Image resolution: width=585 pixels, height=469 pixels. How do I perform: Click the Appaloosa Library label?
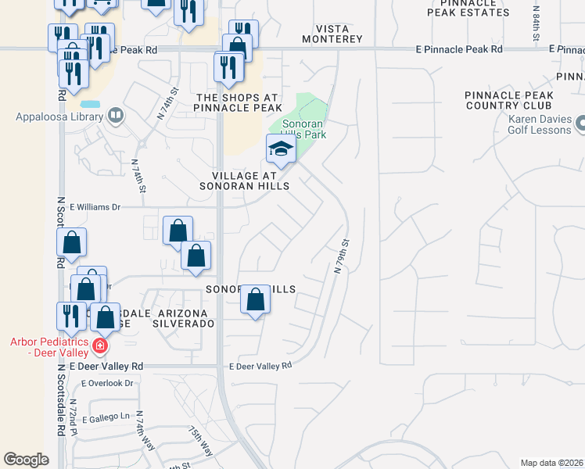[x=59, y=117]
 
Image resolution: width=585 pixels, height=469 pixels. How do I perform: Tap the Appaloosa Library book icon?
[x=116, y=116]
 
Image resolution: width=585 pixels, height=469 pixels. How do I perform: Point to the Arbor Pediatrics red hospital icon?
[x=99, y=345]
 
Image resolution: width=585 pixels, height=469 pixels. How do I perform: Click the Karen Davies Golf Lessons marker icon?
[x=580, y=124]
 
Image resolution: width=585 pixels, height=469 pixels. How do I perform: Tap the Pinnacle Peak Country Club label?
[x=509, y=100]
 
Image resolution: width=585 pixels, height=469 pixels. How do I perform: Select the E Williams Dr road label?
[x=95, y=207]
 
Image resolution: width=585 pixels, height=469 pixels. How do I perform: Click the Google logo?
[x=26, y=460]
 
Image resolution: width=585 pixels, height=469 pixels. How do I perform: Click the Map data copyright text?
[x=552, y=463]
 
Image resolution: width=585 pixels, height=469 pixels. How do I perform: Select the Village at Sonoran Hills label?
[x=245, y=181]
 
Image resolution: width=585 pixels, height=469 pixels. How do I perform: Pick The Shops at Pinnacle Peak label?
[x=239, y=102]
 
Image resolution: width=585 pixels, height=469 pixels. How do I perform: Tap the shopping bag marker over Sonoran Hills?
[x=255, y=299]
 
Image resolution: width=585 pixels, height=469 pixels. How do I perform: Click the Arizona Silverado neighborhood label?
[x=183, y=318]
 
